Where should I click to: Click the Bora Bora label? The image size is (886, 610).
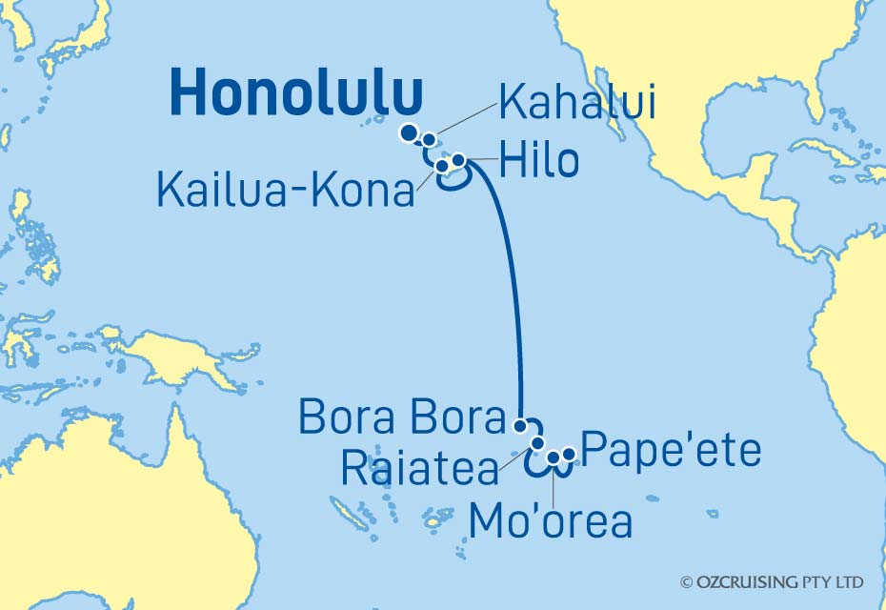point(400,417)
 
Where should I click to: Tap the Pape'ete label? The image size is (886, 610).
point(671,449)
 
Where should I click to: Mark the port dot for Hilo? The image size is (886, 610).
point(458,160)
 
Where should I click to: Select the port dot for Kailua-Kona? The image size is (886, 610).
point(443,167)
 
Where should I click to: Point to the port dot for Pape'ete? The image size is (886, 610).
point(569,455)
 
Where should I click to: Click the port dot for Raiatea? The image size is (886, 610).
point(538,443)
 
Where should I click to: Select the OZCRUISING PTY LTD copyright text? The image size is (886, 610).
point(772,581)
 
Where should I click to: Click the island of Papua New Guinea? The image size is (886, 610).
point(181,357)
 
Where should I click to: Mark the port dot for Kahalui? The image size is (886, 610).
point(430,140)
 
